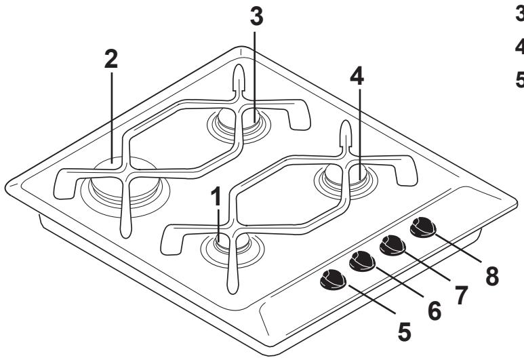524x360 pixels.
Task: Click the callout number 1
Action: (216, 198)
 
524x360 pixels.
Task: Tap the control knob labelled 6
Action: (362, 260)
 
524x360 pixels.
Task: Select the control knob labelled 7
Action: (392, 243)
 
